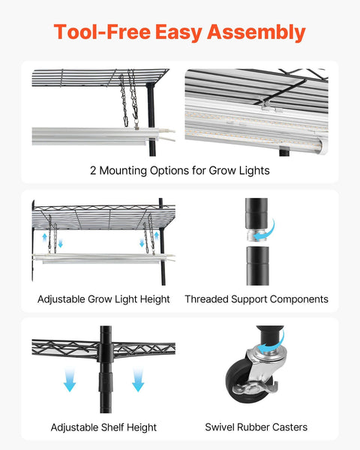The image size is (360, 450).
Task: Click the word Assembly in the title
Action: click(256, 32)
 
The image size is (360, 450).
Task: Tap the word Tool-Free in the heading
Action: click(102, 31)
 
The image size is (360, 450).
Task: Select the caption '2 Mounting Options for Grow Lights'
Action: click(180, 170)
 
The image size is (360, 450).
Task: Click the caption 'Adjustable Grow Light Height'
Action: click(103, 299)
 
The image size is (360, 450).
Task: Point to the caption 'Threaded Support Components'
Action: click(256, 299)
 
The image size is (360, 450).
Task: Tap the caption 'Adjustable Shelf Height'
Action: click(103, 427)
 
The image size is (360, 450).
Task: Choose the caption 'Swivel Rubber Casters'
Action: click(256, 427)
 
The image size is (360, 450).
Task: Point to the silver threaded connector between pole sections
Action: click(257, 235)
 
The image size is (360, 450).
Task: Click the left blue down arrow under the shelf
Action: click(70, 379)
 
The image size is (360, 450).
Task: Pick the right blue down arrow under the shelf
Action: click(138, 379)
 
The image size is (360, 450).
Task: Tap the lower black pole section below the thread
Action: click(257, 265)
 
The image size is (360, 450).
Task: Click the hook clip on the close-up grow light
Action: click(268, 106)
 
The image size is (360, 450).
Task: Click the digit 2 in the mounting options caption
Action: click(93, 170)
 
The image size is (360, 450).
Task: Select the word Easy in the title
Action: click(178, 32)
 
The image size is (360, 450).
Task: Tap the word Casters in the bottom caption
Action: click(289, 427)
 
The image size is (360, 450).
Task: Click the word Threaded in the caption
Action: click(206, 299)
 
